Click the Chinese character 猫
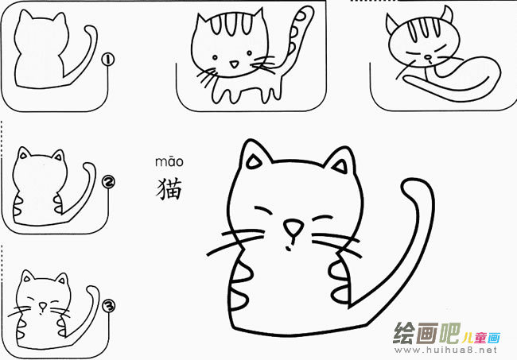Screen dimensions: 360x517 169,189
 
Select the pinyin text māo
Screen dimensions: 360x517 169,164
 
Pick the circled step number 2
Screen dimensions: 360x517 109,183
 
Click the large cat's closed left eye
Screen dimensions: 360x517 265,210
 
